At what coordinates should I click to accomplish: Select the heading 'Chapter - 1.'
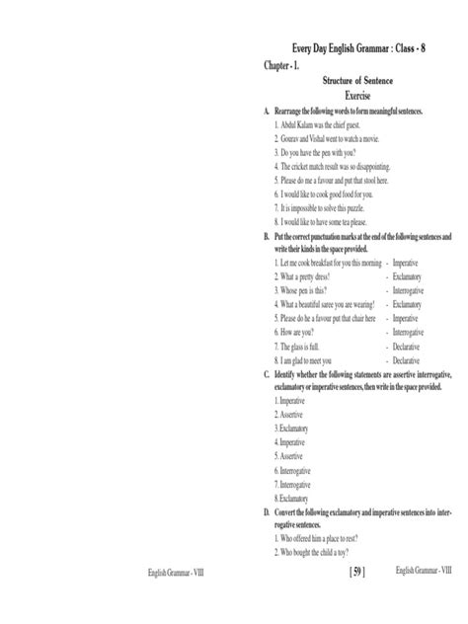(x=280, y=66)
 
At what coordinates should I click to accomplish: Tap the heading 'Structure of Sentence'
(x=356, y=83)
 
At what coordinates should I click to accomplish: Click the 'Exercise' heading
(x=356, y=98)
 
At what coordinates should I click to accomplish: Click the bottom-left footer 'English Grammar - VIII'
(x=183, y=599)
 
